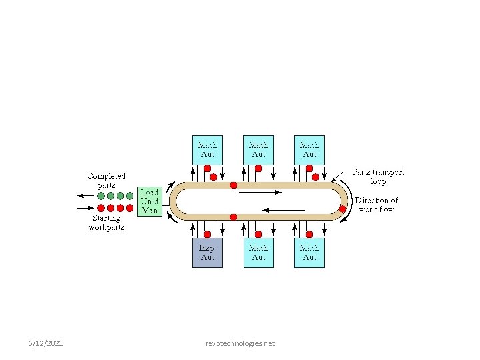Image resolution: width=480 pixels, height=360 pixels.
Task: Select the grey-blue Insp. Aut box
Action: point(207,253)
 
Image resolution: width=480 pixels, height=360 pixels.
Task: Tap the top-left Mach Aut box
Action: point(207,149)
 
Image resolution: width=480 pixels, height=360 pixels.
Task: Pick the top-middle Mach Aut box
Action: point(259,149)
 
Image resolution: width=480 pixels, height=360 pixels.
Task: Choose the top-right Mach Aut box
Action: point(309,149)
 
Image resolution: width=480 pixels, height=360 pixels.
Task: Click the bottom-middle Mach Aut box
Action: point(259,253)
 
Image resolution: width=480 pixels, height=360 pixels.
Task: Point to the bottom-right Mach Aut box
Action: point(309,253)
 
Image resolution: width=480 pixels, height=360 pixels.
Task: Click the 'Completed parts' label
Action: point(107,180)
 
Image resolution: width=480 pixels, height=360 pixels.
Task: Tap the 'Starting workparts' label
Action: point(107,223)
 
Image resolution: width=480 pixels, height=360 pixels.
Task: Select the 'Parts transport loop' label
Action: point(378,177)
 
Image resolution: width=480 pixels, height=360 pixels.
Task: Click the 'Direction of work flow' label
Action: point(377,205)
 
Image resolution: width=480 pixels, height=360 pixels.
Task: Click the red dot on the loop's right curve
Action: point(343,209)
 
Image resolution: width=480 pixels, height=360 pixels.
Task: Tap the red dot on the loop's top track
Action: point(233,185)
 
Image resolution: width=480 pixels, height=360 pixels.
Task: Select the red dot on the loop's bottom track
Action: point(233,217)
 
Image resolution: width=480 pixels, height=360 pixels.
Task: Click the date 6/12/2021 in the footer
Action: point(46,343)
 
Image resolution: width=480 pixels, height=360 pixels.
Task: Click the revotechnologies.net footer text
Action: point(240,343)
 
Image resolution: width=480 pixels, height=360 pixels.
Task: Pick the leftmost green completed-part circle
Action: point(101,196)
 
